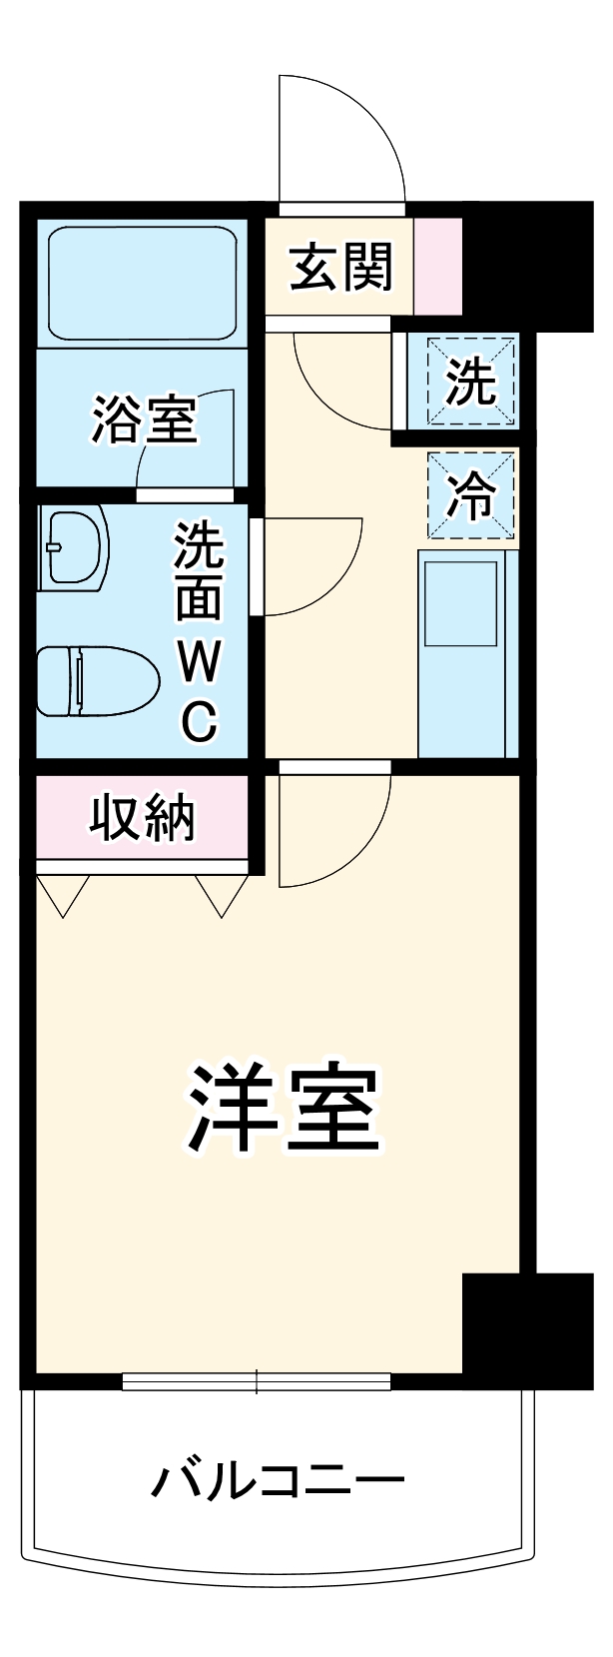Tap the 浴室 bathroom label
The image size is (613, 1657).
point(145,419)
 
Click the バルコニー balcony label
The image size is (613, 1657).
point(278,1480)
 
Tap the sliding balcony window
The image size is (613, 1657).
point(257,1381)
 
